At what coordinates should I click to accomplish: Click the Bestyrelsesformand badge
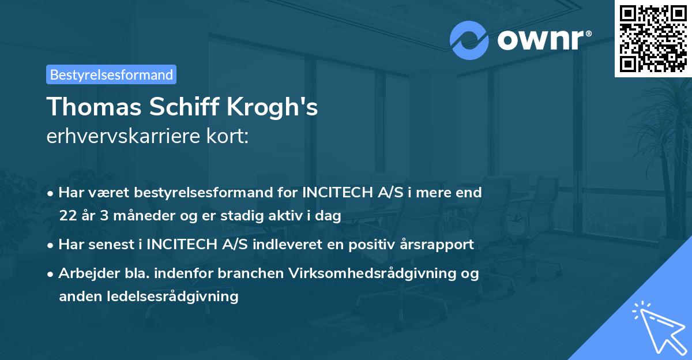click(111, 74)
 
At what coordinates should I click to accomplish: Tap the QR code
click(653, 38)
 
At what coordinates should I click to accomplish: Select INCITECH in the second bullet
click(182, 244)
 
